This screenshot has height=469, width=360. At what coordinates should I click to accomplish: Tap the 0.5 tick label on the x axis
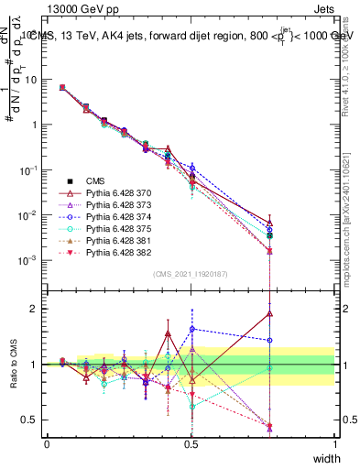point(191,443)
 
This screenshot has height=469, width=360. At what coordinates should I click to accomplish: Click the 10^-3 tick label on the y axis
point(29,260)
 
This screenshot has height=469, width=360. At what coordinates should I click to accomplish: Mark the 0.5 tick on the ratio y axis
point(31,420)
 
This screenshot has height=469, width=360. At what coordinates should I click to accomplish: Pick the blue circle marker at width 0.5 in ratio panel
point(191,329)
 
